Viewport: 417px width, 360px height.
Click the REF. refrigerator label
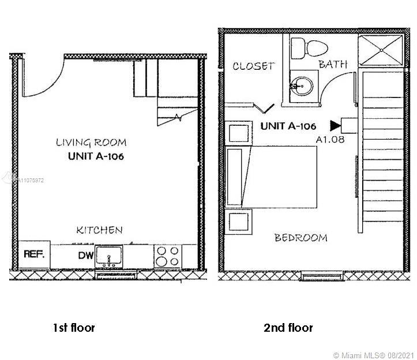point(34,254)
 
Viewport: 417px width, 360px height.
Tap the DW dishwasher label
point(85,256)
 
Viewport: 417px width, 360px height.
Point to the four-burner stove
point(167,256)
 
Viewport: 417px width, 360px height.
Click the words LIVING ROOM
point(91,142)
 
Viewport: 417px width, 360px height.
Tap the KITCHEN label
point(99,230)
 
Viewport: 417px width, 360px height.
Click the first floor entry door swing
point(43,78)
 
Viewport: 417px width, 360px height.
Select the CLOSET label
point(253,66)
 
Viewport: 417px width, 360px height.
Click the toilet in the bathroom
point(309,48)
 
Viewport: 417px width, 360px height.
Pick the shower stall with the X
point(381,50)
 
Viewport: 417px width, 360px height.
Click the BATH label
point(333,64)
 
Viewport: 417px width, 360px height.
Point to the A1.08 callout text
point(330,140)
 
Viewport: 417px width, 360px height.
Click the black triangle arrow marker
point(335,126)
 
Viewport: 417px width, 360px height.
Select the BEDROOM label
point(301,238)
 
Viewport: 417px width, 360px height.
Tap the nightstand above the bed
point(239,133)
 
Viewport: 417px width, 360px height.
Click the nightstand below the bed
point(239,222)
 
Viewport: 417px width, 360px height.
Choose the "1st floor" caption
point(74,328)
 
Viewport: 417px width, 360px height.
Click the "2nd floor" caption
point(288,328)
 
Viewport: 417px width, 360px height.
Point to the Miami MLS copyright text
point(373,355)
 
